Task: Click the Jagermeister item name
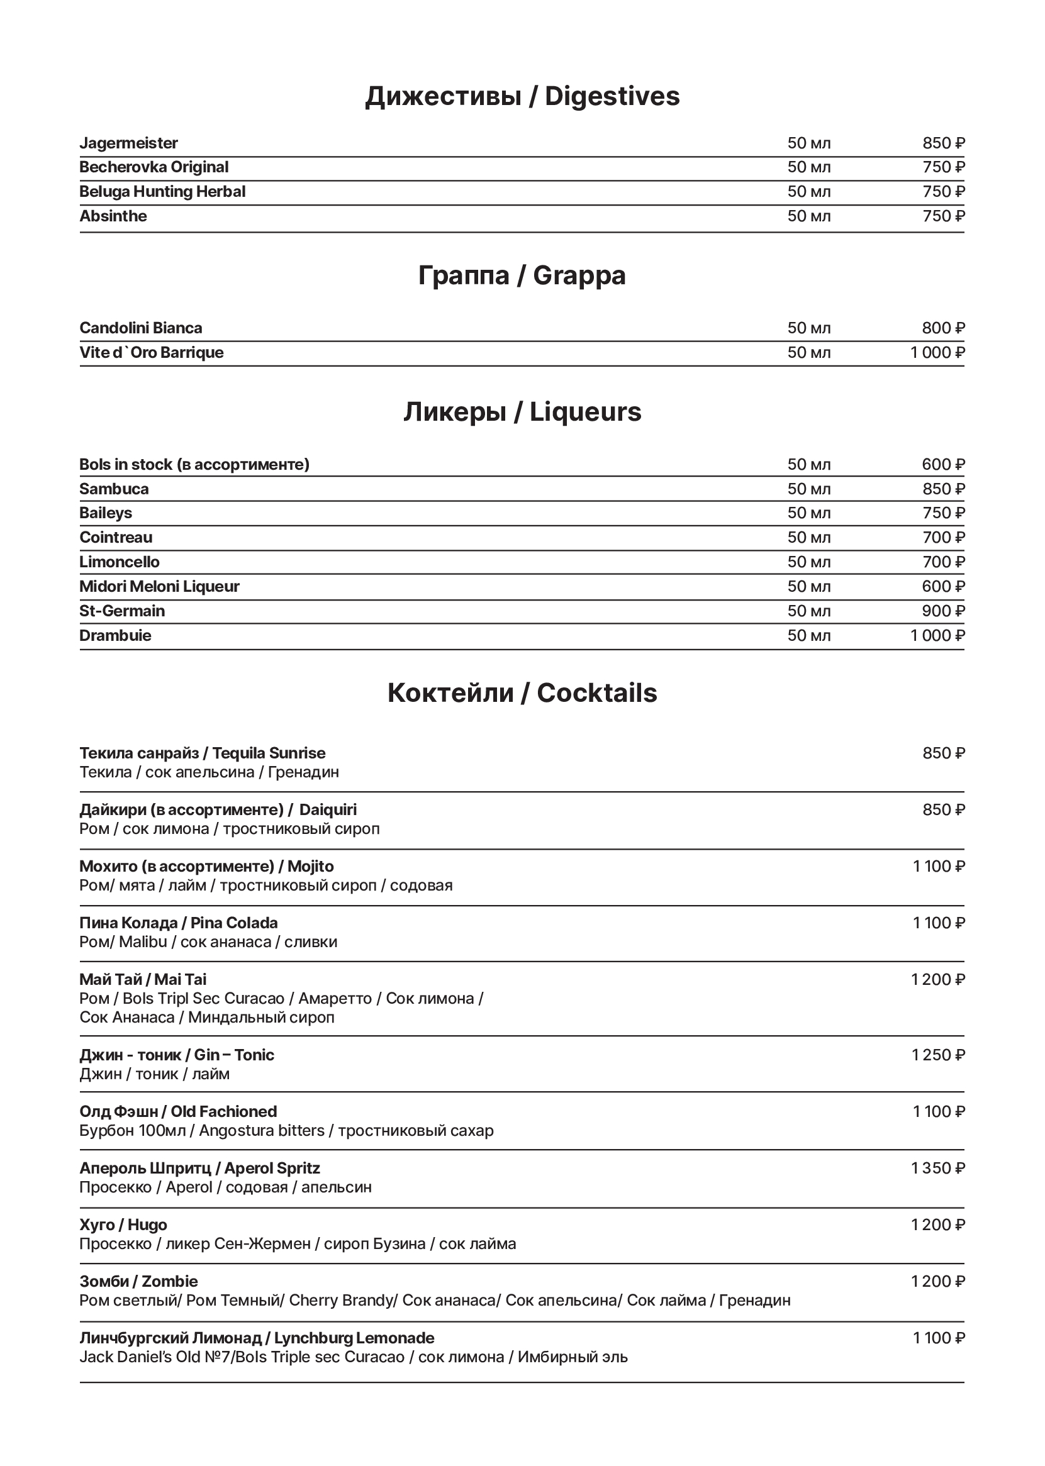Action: pos(129,143)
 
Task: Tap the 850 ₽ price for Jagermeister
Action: pos(943,143)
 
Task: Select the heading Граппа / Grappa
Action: pos(522,275)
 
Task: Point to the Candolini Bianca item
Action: pos(141,328)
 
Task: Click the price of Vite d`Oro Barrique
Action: pos(937,353)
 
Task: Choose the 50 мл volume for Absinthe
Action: pos(809,216)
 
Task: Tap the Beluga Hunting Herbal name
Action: pos(162,192)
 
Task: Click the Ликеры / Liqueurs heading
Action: pos(522,412)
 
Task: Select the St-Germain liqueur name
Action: pos(122,611)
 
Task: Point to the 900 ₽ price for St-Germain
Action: pos(943,611)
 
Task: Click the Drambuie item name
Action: pos(115,636)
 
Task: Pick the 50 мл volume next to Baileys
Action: pos(809,513)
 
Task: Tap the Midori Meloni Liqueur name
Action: pos(159,587)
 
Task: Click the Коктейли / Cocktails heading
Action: pos(522,693)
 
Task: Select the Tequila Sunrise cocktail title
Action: pos(203,753)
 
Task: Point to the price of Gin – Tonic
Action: pos(938,1055)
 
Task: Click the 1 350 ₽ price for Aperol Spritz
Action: pos(938,1168)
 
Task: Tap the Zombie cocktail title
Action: pos(138,1281)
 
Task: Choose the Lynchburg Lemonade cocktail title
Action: pos(257,1338)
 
